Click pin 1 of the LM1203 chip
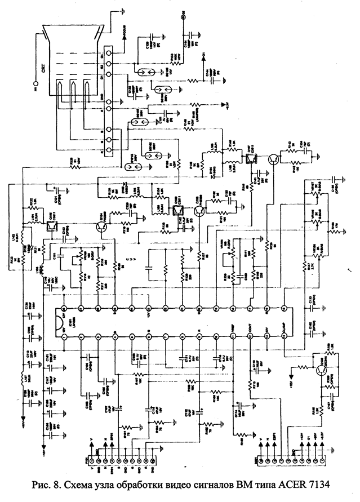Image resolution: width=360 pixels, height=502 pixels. click(64, 336)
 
